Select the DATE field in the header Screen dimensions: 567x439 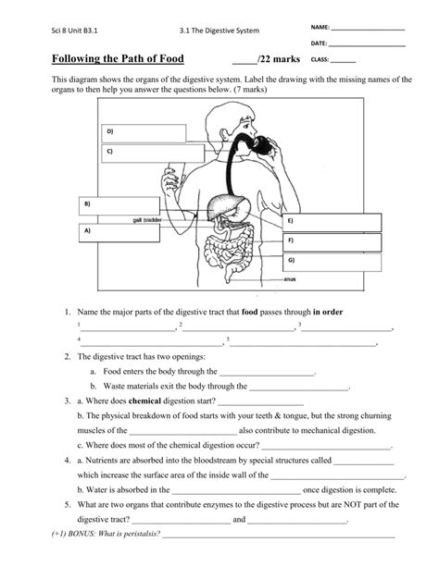tap(368, 43)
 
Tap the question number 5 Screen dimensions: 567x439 tap(69, 505)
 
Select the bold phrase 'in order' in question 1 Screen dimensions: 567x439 tap(328, 313)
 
